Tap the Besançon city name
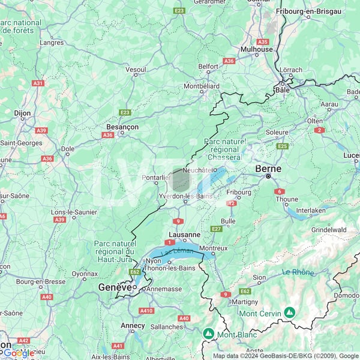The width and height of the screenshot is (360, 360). (122, 127)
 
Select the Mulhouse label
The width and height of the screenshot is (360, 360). (256, 50)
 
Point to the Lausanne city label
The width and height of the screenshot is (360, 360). (184, 235)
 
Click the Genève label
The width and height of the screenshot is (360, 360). (115, 288)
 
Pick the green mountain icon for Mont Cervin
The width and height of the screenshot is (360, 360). (290, 313)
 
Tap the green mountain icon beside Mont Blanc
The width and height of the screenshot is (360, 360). (208, 333)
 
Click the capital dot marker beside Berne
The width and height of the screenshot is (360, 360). (269, 178)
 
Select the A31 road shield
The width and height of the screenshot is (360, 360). (38, 83)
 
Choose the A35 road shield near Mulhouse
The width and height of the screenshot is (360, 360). (262, 41)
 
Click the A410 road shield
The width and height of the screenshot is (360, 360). (146, 310)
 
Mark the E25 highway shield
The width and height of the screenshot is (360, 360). (282, 146)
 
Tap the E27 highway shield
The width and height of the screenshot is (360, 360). (217, 229)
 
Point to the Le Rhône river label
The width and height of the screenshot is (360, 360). (298, 272)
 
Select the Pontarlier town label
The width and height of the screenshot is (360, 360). (157, 178)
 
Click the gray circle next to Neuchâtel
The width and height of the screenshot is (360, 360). (181, 180)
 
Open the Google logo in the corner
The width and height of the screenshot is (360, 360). (18, 353)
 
